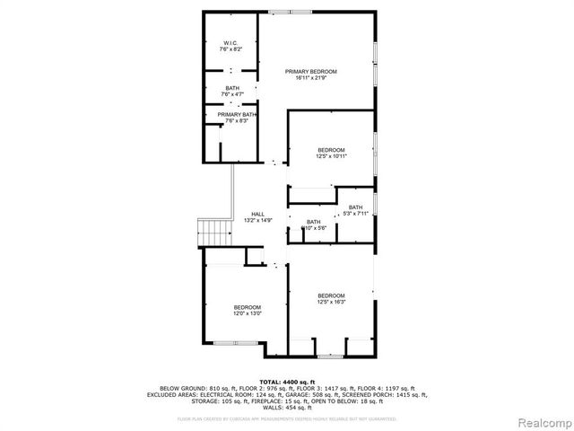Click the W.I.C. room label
pyautogui.click(x=229, y=43)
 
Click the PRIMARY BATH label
pyautogui.click(x=237, y=115)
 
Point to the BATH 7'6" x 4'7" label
pyautogui.click(x=232, y=90)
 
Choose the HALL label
pyautogui.click(x=257, y=214)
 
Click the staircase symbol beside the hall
pyautogui.click(x=213, y=231)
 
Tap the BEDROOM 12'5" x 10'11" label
pyautogui.click(x=331, y=153)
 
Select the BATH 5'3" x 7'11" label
pyautogui.click(x=356, y=210)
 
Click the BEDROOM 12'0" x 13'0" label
pyautogui.click(x=248, y=310)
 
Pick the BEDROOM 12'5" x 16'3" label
pyautogui.click(x=331, y=299)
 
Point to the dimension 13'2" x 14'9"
pyautogui.click(x=257, y=220)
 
